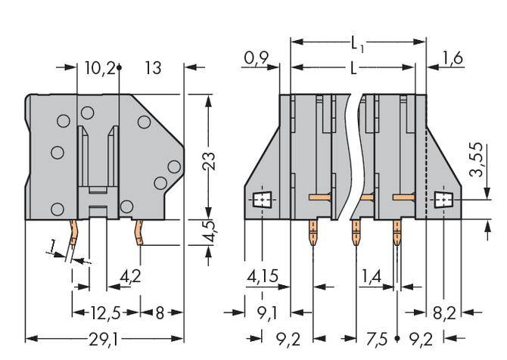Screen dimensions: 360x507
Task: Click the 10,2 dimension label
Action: (99, 69)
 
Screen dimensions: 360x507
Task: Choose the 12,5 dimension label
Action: (102, 312)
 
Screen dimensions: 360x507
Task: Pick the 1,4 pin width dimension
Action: (370, 277)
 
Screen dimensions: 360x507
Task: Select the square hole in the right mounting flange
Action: (443, 200)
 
